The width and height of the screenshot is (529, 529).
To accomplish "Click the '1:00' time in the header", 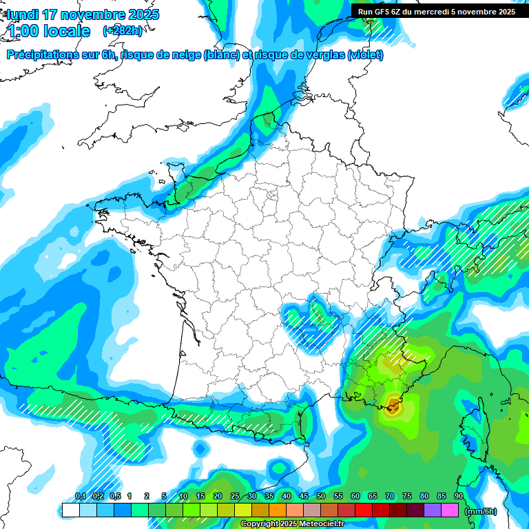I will pos(21,31).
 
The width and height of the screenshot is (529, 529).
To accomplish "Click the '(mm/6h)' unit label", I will pos(480,511).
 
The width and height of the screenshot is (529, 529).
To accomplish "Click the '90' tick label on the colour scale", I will pos(459,496).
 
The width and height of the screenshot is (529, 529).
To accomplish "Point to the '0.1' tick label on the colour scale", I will pos(80,496).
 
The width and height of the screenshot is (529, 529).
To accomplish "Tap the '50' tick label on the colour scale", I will pos(321,496).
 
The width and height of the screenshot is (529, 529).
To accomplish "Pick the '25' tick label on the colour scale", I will pos(235,496).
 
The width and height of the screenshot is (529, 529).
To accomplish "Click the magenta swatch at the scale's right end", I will pos(450,510).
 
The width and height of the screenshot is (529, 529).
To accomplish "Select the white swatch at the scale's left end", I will pos(70,510).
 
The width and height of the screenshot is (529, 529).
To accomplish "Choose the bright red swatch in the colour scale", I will pos(364,510).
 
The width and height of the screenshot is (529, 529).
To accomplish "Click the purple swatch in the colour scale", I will pos(433,510).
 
